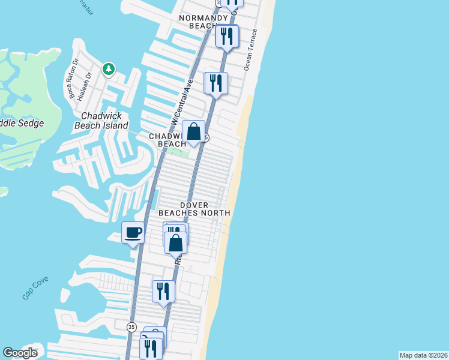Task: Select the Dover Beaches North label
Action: [x=194, y=209]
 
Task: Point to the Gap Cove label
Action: [x=35, y=292]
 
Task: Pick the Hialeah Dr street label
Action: [x=88, y=85]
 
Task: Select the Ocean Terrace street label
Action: [x=250, y=50]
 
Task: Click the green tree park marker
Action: [x=108, y=69]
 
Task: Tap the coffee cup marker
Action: [x=133, y=232]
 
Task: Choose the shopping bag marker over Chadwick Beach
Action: [x=194, y=131]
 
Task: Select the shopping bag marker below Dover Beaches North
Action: [x=175, y=243]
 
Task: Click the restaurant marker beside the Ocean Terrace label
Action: [x=227, y=36]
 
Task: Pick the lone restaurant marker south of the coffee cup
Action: [x=163, y=292]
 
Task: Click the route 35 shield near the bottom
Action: [x=131, y=326]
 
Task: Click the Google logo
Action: [x=20, y=353]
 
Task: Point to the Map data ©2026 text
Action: [x=423, y=355]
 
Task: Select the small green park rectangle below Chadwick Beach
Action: [x=178, y=151]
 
